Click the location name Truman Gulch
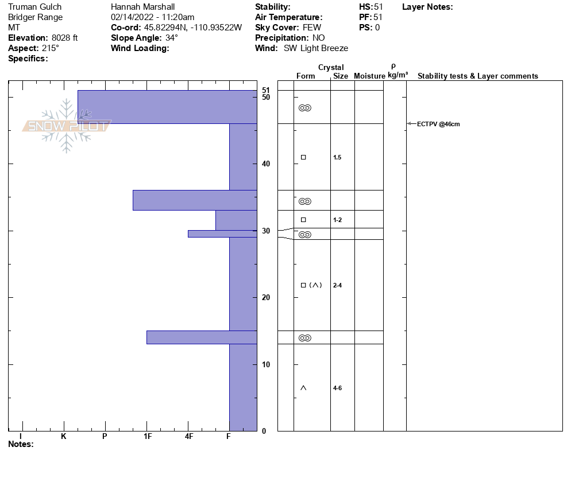[35, 7]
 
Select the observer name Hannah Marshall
[142, 7]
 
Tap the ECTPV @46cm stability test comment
[438, 124]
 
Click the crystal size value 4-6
[337, 388]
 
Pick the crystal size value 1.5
[337, 157]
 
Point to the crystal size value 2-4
[337, 285]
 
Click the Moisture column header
[369, 76]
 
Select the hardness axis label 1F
[147, 437]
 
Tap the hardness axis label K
[64, 437]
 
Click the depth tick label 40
[265, 164]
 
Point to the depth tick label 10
[265, 364]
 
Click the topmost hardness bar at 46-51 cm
[167, 107]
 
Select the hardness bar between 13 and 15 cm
[201, 337]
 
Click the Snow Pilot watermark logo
[67, 126]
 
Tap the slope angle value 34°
[172, 38]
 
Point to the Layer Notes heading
[427, 7]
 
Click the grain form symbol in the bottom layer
[303, 388]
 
